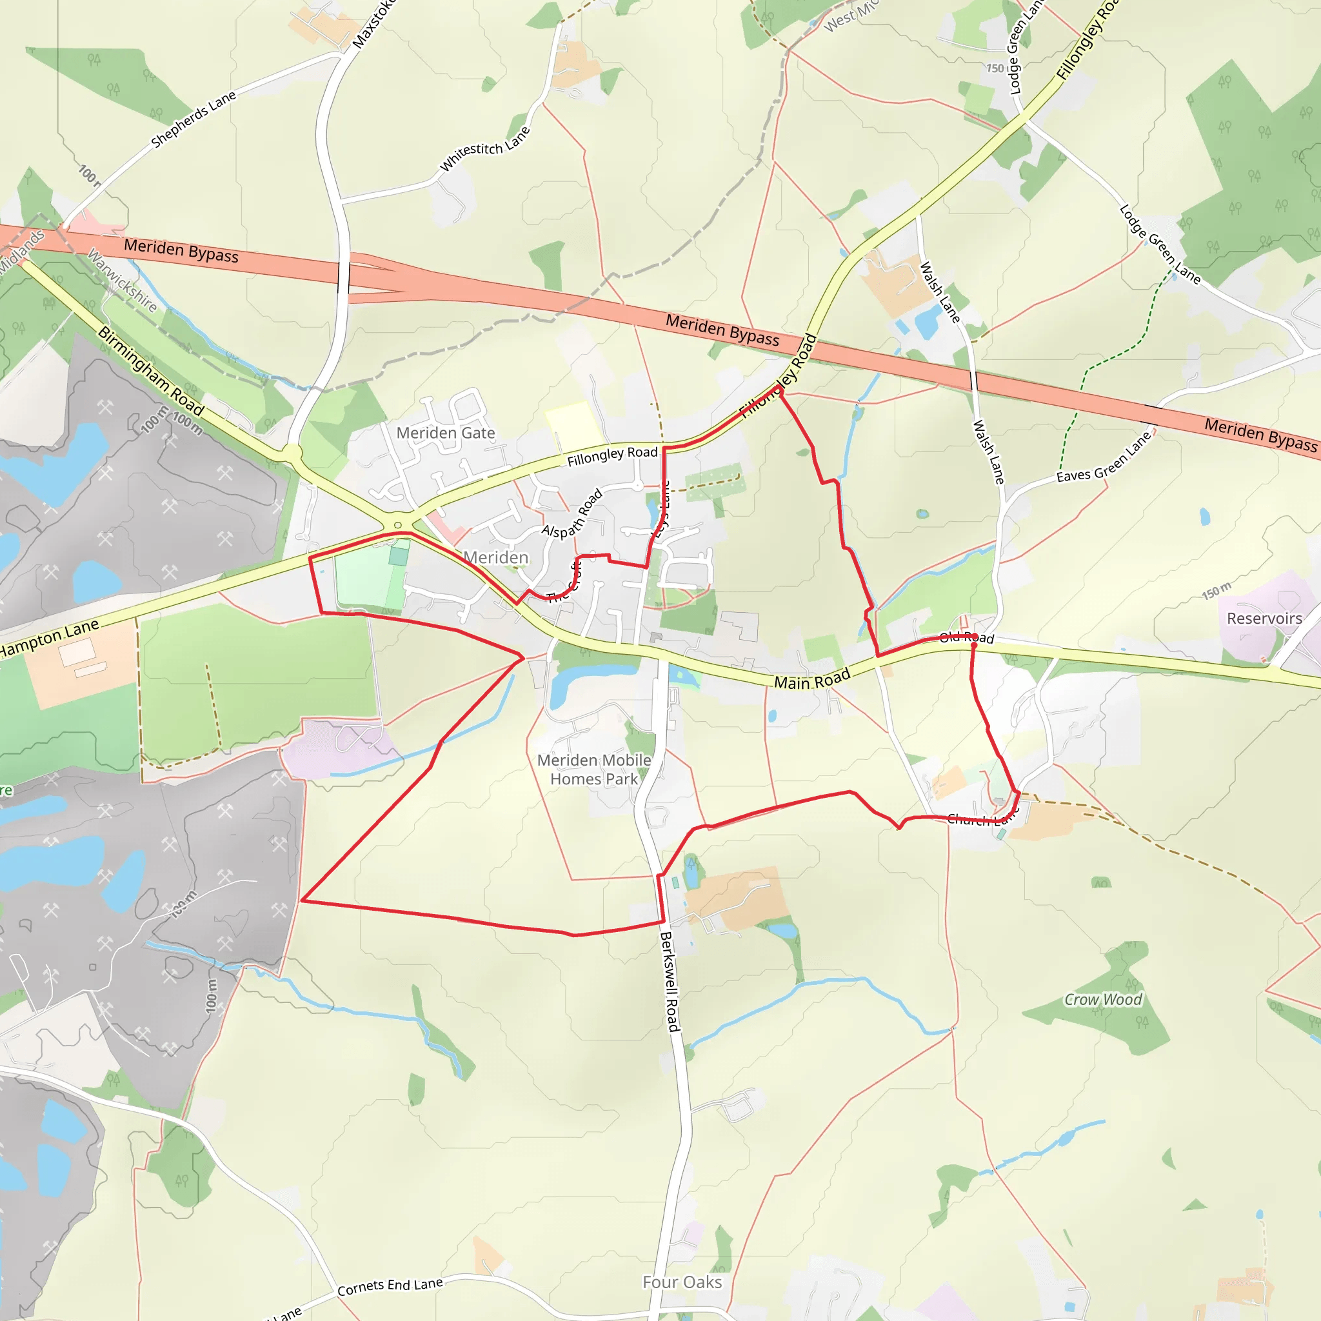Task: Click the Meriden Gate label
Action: [x=445, y=433]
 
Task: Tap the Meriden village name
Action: [x=496, y=557]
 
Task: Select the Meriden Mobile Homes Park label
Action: [x=593, y=770]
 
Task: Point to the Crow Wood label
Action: [x=1102, y=1000]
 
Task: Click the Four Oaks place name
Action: [x=682, y=1282]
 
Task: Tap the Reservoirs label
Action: [x=1264, y=618]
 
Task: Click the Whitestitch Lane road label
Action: [x=484, y=148]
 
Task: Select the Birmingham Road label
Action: [x=151, y=372]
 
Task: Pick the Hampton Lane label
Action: [x=49, y=638]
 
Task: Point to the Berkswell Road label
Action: [x=670, y=981]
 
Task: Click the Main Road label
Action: [x=811, y=679]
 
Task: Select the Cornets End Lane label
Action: [x=390, y=1286]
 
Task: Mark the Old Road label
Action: [x=966, y=638]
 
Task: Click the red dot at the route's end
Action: [x=973, y=645]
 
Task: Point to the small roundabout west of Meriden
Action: [x=398, y=525]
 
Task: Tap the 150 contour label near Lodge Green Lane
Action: [x=995, y=68]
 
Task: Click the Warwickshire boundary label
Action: [x=122, y=281]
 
